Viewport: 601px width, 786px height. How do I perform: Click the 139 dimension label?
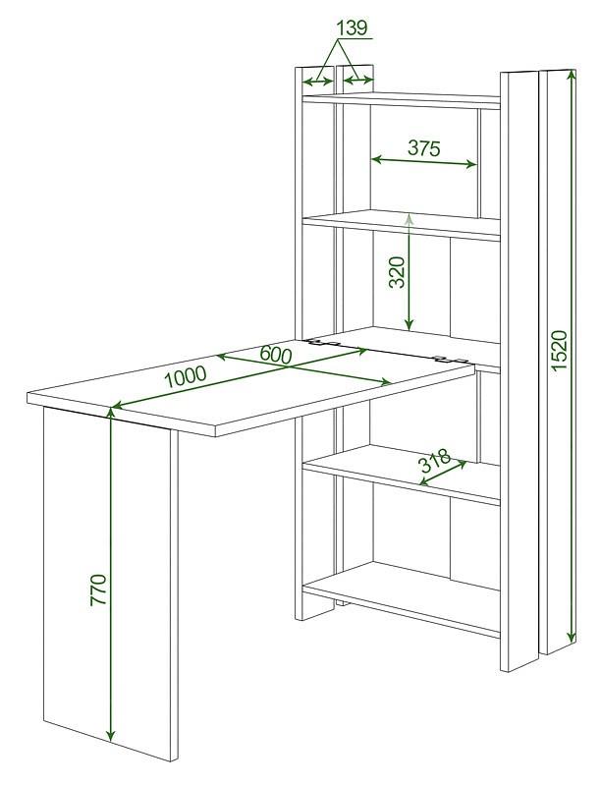[353, 28]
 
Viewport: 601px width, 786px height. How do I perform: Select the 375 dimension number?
[423, 148]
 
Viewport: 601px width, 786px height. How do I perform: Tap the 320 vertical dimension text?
[397, 272]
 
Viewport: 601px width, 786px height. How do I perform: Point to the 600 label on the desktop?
[275, 355]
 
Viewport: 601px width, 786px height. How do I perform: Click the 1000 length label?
[186, 377]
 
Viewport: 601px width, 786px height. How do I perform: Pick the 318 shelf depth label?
[435, 461]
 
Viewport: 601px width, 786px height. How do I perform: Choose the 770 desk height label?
[98, 590]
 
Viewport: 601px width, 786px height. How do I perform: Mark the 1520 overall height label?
[559, 350]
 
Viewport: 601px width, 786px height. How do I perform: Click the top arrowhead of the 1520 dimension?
[571, 76]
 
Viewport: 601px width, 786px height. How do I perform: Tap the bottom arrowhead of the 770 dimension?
[111, 735]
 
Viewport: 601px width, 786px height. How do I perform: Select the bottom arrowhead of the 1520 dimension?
[571, 636]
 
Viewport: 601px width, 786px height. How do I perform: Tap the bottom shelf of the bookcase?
[402, 596]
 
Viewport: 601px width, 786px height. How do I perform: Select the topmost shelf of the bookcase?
[402, 99]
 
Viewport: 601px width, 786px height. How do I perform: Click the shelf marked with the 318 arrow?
[402, 474]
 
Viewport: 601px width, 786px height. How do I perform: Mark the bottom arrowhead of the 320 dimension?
[410, 325]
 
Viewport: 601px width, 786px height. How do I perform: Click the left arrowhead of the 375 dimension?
[378, 159]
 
